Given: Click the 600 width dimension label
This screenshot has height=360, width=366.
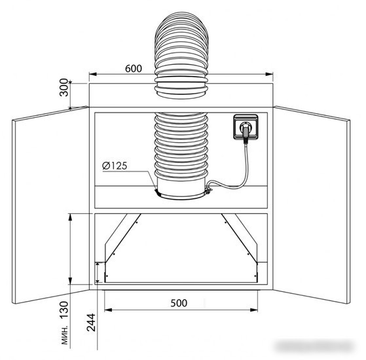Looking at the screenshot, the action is (x=134, y=69).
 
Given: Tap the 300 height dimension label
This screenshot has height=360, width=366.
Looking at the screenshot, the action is (x=64, y=88).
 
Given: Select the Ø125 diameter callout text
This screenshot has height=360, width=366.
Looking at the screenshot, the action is (x=115, y=166).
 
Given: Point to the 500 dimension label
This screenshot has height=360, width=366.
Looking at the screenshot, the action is (x=179, y=303).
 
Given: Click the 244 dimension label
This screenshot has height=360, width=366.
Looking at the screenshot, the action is (x=91, y=323).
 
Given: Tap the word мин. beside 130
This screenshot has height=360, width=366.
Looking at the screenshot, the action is (x=65, y=334).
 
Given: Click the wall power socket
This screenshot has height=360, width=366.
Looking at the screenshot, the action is (x=246, y=127).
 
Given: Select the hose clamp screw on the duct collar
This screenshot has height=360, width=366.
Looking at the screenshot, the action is (x=208, y=191).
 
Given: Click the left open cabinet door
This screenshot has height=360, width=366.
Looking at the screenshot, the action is (x=50, y=205).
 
